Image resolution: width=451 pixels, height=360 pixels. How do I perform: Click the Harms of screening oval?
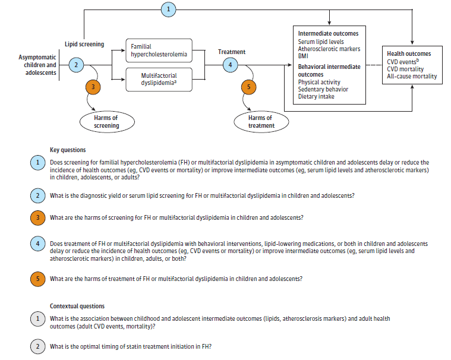tap(106, 122)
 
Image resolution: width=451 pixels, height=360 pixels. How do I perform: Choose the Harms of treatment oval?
tap(261, 122)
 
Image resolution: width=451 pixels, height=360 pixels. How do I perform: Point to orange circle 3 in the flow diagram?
tap(93, 86)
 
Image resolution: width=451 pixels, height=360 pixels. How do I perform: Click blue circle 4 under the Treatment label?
tap(231, 65)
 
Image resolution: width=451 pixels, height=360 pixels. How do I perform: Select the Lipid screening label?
tap(84, 44)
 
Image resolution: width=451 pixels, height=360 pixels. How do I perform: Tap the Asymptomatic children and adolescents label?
tap(37, 65)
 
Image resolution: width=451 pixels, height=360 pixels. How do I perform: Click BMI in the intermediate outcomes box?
tap(304, 56)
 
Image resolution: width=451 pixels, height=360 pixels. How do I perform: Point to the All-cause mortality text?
tap(412, 76)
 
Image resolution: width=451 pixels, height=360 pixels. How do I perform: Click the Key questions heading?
tap(68, 150)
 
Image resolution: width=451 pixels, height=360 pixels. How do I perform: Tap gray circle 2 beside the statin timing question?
tap(37, 346)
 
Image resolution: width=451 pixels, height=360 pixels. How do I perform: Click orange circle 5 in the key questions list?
tap(37, 279)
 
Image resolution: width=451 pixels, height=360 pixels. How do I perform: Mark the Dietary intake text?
tap(316, 96)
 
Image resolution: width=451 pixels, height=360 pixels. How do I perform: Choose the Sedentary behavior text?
tap(323, 89)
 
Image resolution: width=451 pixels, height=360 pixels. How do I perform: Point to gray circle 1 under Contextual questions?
tap(37, 320)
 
